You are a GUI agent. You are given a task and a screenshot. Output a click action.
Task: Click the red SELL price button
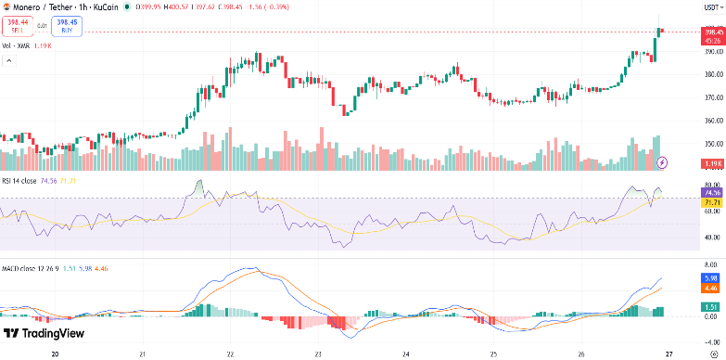pyautogui.click(x=18, y=25)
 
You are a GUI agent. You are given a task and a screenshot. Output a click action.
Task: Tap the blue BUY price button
pyautogui.click(x=67, y=25)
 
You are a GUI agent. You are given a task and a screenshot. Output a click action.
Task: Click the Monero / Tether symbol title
pyautogui.click(x=46, y=6)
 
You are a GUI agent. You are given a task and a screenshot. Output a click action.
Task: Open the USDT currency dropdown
pyautogui.click(x=711, y=6)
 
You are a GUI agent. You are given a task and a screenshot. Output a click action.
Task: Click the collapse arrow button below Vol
pyautogui.click(x=10, y=61)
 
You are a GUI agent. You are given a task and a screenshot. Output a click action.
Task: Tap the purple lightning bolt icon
pyautogui.click(x=662, y=162)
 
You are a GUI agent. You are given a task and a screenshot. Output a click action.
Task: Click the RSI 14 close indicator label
pyautogui.click(x=19, y=181)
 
